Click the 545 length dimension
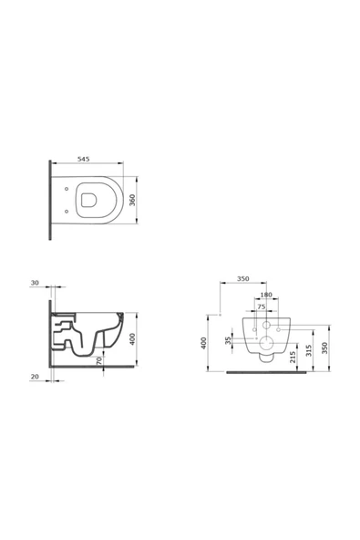tap(83, 159)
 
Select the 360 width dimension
tap(132, 200)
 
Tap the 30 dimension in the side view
tap(35, 283)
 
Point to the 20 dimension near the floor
tap(35, 377)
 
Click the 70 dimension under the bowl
tap(99, 361)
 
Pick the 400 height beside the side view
tap(132, 339)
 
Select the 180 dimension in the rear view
tap(266, 295)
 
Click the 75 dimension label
tap(262, 306)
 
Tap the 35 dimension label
tap(228, 340)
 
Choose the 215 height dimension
tap(293, 358)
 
